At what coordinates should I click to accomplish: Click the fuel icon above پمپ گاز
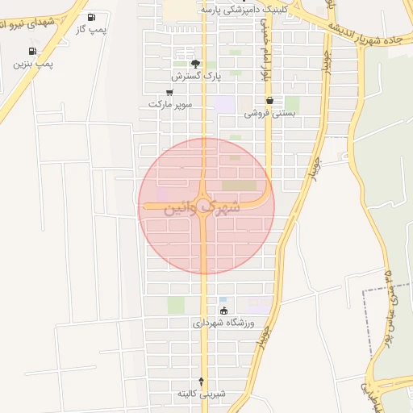click(91, 17)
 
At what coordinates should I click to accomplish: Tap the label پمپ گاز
click(91, 29)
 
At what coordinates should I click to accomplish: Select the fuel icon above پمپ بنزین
click(32, 51)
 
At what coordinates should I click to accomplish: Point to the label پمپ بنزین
click(32, 63)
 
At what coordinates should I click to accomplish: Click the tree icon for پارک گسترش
click(194, 64)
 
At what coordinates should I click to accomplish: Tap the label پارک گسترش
click(196, 76)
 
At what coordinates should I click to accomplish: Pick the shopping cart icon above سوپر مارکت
click(169, 93)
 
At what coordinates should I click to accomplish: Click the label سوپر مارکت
click(170, 105)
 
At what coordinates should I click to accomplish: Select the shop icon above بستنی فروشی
click(269, 101)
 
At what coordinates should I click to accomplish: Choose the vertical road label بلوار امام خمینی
click(264, 48)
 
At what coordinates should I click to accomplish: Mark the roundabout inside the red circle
click(204, 203)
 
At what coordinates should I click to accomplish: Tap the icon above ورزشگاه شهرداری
click(223, 311)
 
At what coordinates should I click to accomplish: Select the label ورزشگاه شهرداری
click(223, 323)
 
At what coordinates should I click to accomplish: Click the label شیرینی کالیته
click(202, 394)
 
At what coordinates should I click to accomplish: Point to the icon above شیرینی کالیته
click(202, 381)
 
